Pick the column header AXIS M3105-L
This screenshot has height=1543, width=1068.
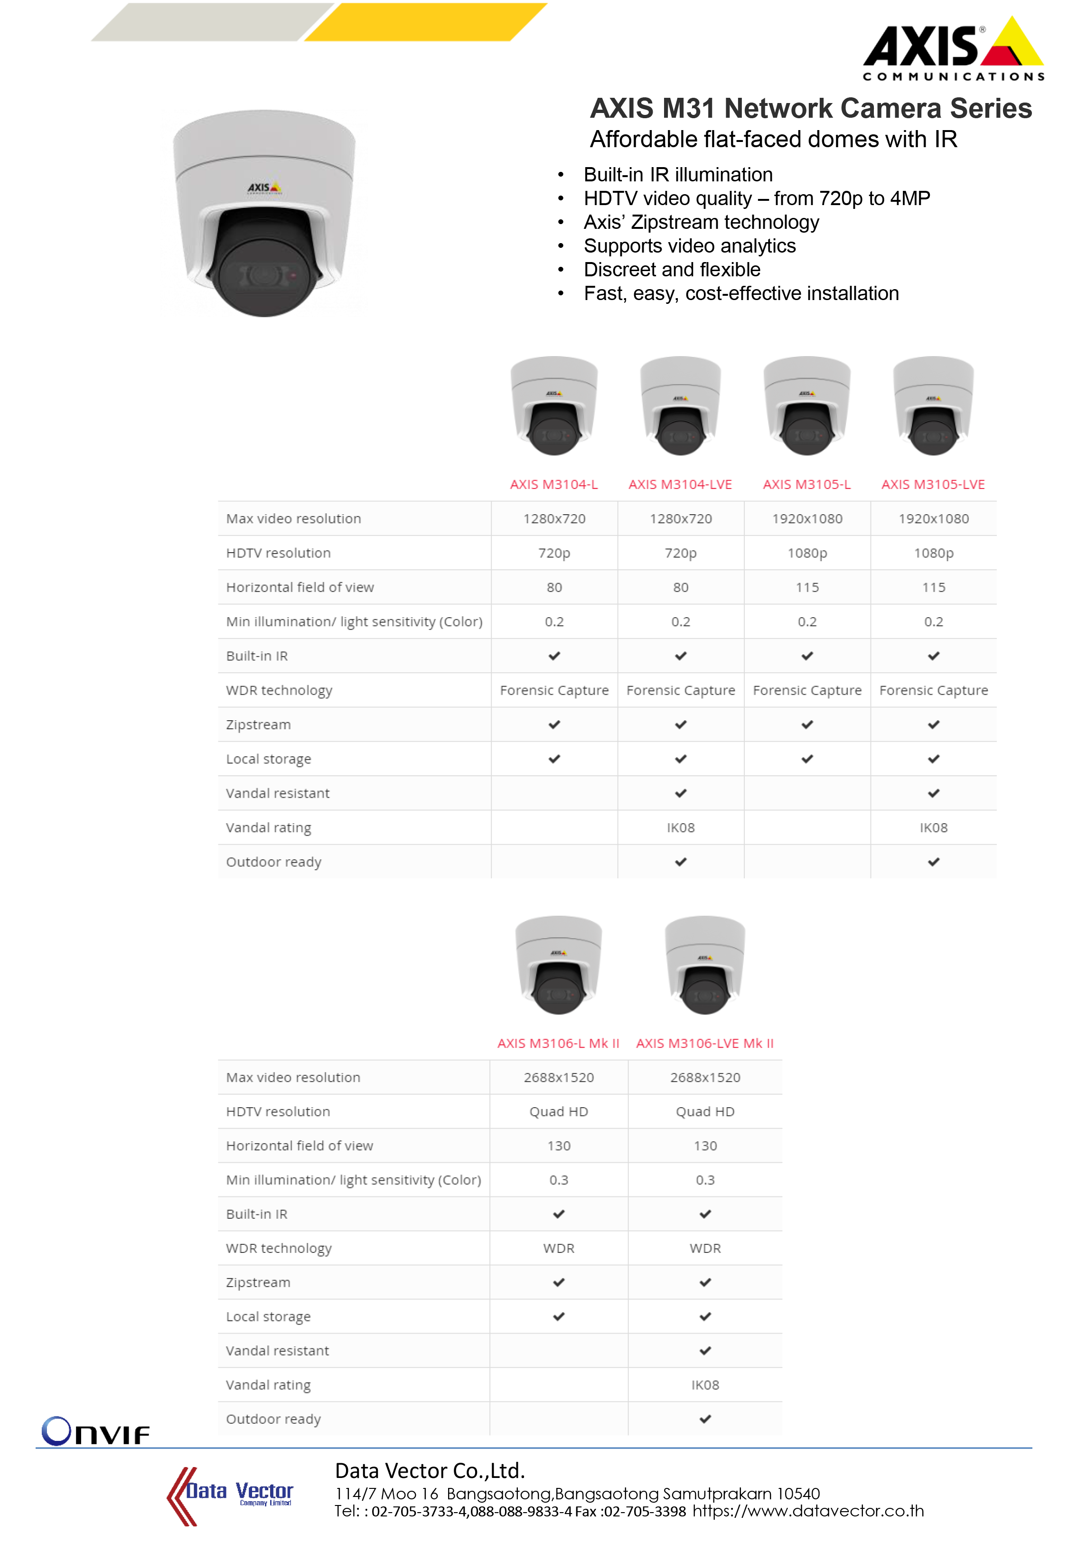tap(806, 484)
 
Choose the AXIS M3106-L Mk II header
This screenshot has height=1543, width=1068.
tap(558, 1043)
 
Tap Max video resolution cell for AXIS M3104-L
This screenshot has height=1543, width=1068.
tap(554, 518)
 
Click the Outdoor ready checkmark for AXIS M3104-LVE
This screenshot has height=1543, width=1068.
tap(681, 862)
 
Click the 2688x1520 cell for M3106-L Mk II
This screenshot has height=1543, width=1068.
tap(558, 1077)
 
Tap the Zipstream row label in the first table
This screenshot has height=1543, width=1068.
tap(258, 724)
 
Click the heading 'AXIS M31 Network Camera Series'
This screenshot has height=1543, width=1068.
tap(810, 108)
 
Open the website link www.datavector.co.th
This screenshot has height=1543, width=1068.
tap(808, 1511)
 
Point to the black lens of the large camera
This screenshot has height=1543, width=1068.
tap(264, 268)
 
